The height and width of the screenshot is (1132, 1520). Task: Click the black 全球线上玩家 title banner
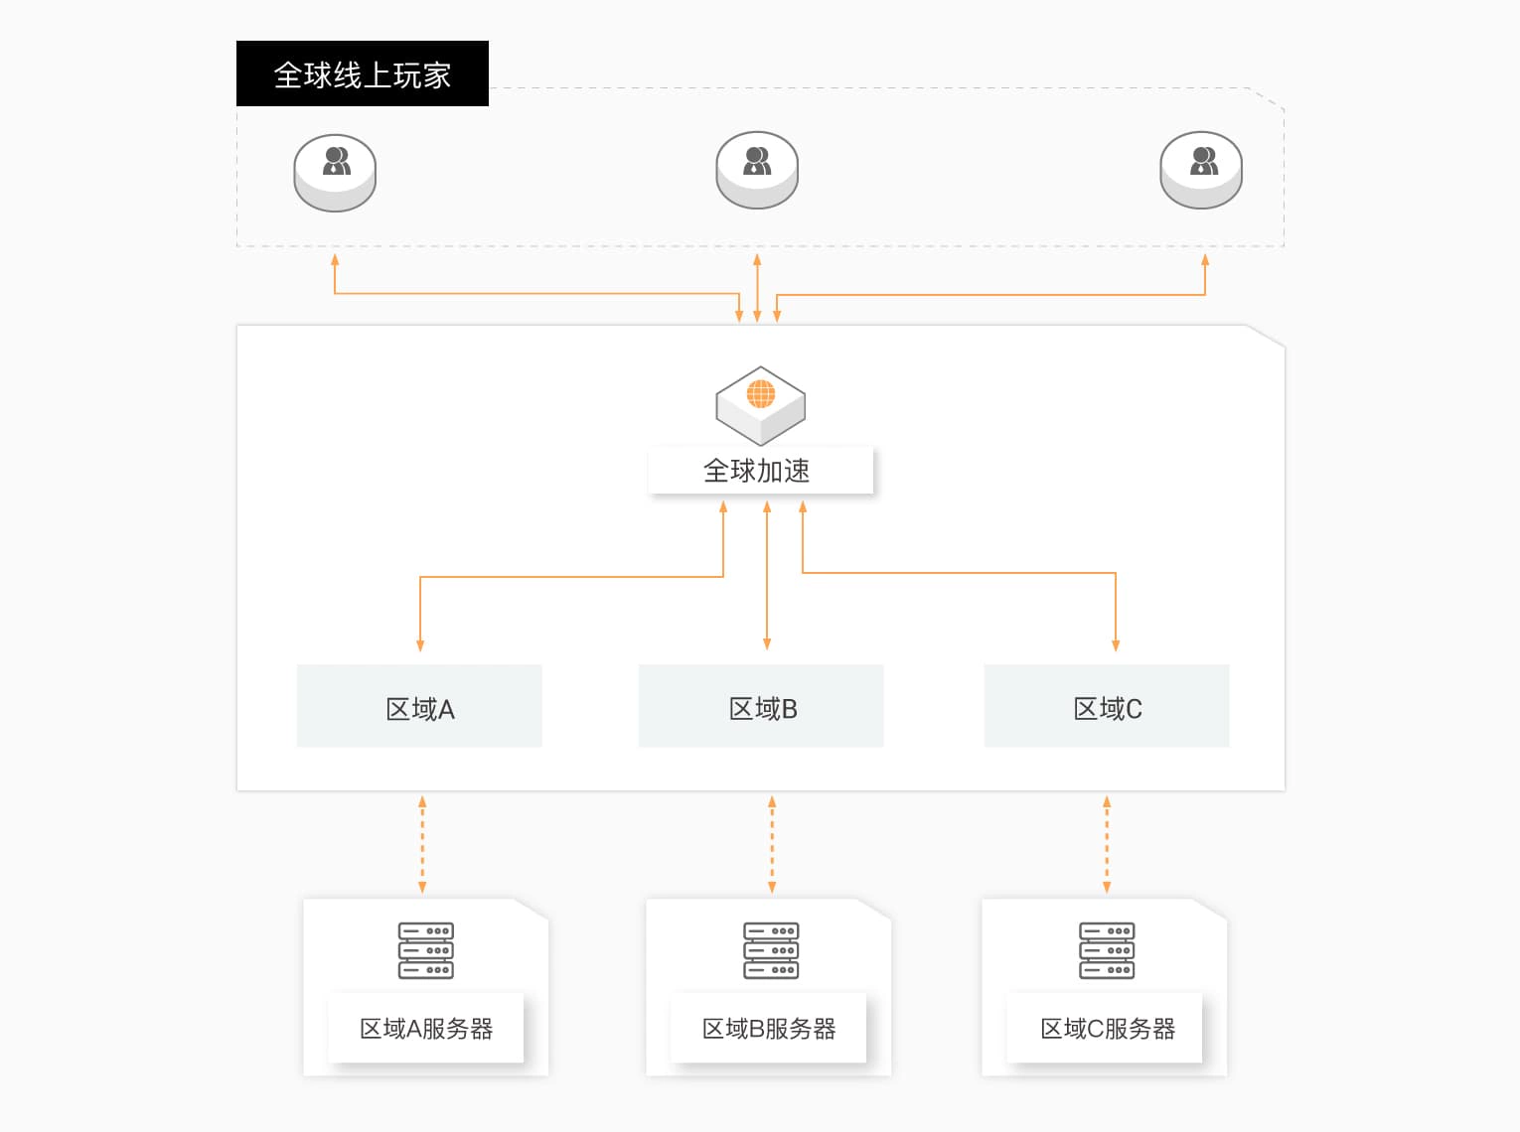coord(362,73)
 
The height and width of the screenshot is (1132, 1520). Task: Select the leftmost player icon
coord(335,173)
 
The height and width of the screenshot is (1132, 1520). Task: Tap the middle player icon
coord(757,170)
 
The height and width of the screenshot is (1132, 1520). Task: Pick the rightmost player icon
coord(1201,170)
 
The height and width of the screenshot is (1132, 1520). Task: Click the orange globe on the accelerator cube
coord(761,394)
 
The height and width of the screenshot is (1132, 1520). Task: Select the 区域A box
coord(419,706)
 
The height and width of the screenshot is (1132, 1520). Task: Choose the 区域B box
coord(761,706)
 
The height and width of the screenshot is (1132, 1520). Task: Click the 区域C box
coord(1107,706)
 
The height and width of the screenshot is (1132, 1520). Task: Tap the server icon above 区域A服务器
coord(425,950)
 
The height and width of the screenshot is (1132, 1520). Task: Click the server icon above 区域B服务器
coord(771,950)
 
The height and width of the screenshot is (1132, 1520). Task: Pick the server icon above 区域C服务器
coord(1107,950)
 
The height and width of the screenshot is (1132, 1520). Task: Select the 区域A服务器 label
coord(425,1029)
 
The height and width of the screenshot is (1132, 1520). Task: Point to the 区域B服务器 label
coord(768,1029)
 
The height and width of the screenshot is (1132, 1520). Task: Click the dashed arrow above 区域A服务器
coord(422,844)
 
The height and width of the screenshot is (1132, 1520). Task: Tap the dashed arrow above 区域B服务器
coord(772,844)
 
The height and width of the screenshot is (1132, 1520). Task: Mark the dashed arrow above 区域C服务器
coord(1107,844)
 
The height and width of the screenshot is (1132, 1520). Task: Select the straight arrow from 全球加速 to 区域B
coord(767,576)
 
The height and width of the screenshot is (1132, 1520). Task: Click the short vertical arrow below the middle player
coord(757,288)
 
